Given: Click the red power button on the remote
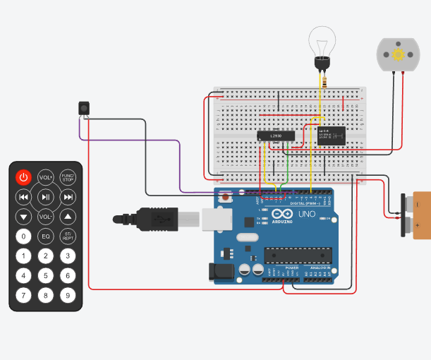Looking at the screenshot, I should pos(23,177).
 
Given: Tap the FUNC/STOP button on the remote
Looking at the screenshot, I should pos(67,177).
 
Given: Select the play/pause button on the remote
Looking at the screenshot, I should pos(45,197).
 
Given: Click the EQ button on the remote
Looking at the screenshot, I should pos(45,236).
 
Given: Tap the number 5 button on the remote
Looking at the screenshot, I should pos(45,275).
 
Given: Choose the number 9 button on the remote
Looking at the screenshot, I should pos(67,295).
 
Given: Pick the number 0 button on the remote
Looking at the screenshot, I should pos(23,236).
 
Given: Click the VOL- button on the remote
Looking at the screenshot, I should pos(45,216).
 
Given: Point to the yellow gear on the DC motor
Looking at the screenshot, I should pos(399,54).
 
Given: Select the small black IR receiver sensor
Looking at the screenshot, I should pos(84,108).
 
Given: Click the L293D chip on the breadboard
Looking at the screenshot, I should pos(276,136).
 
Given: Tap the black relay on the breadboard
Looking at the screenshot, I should pos(332,135).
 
